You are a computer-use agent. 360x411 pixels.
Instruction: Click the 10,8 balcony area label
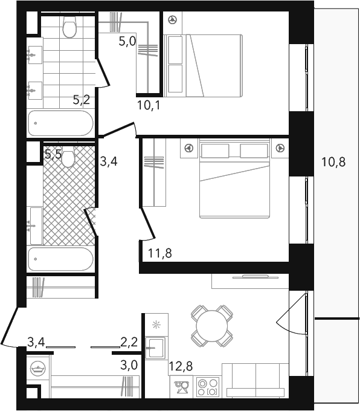[333, 162]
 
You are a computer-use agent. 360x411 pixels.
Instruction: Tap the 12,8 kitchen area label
[181, 366]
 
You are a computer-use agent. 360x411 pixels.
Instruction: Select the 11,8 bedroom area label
[160, 253]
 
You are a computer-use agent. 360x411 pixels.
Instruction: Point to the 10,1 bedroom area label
[149, 105]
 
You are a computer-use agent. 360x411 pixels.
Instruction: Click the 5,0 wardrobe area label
[127, 41]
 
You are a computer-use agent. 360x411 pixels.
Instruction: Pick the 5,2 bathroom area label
[82, 100]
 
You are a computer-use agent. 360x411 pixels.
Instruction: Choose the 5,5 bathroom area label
[53, 154]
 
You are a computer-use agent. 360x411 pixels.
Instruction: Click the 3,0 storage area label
[129, 365]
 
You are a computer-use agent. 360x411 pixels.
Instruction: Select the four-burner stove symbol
[208, 387]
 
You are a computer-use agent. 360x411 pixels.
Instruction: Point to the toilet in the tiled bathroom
[69, 27]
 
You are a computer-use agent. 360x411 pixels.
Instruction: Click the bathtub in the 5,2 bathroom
[60, 123]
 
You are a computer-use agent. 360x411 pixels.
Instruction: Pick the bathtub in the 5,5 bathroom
[60, 259]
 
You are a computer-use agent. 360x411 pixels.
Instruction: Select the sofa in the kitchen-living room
[255, 380]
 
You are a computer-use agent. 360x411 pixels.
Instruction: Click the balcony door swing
[291, 314]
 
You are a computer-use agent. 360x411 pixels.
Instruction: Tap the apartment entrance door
[10, 327]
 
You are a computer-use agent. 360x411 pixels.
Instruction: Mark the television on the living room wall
[256, 277]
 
